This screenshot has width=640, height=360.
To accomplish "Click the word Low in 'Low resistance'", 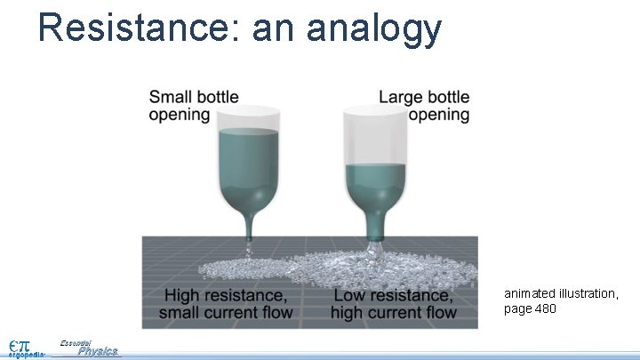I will tap(351, 294).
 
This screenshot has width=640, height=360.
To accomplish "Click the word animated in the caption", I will tap(532, 292).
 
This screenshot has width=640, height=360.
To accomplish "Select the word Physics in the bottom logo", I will tap(98, 351).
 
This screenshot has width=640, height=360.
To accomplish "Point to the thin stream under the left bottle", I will tap(250, 247).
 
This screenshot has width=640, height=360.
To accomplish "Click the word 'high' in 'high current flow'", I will tap(348, 312).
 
